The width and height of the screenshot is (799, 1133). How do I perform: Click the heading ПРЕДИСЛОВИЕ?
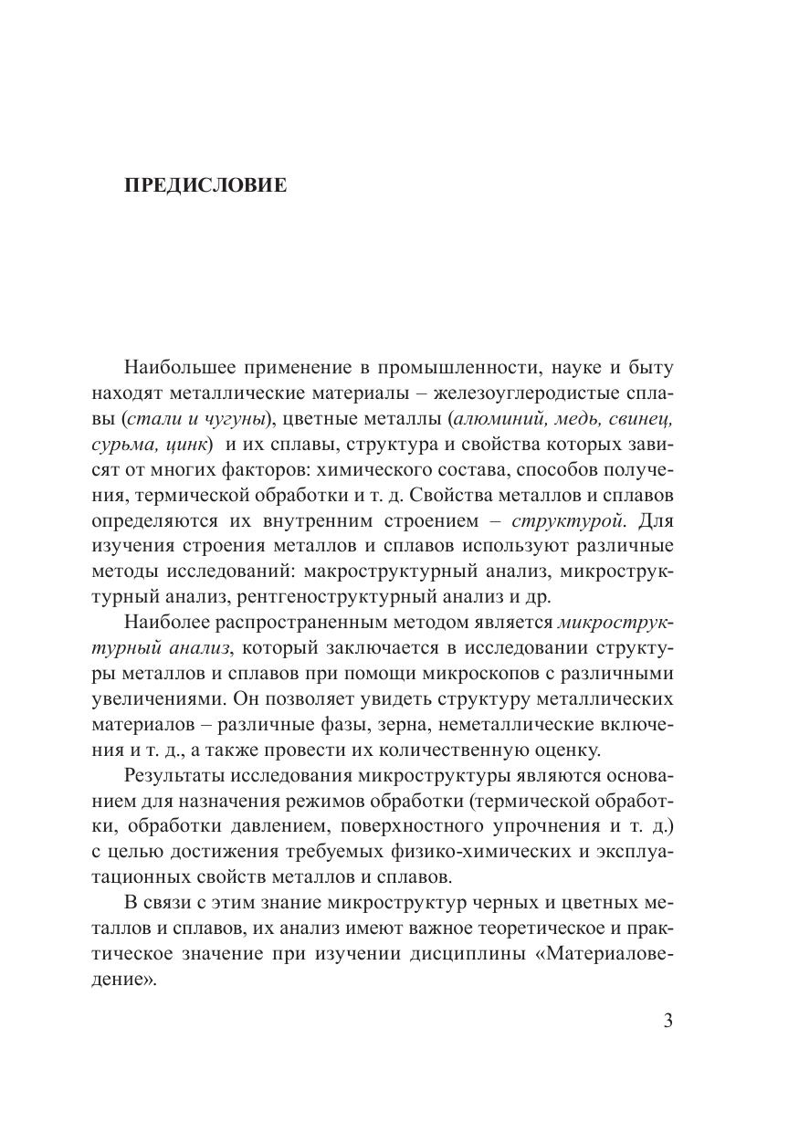205,185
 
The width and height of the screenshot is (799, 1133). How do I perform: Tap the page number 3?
668,1021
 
